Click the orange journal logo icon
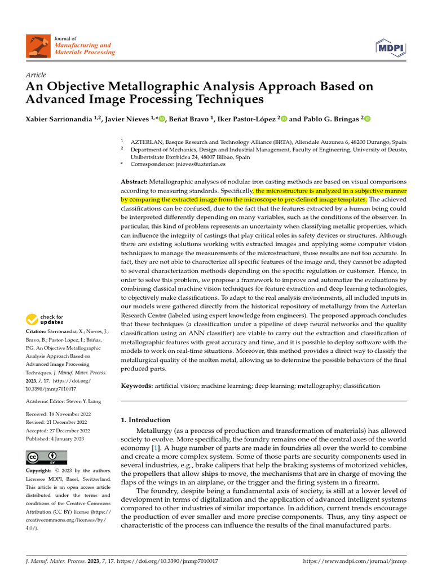click(x=38, y=46)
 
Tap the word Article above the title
click(x=36, y=75)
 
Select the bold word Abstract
click(x=134, y=182)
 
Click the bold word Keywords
click(x=137, y=386)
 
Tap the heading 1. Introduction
click(x=145, y=420)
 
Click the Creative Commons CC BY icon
click(x=47, y=457)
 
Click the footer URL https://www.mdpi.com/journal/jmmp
click(x=355, y=562)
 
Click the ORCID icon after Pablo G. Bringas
click(x=368, y=119)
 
